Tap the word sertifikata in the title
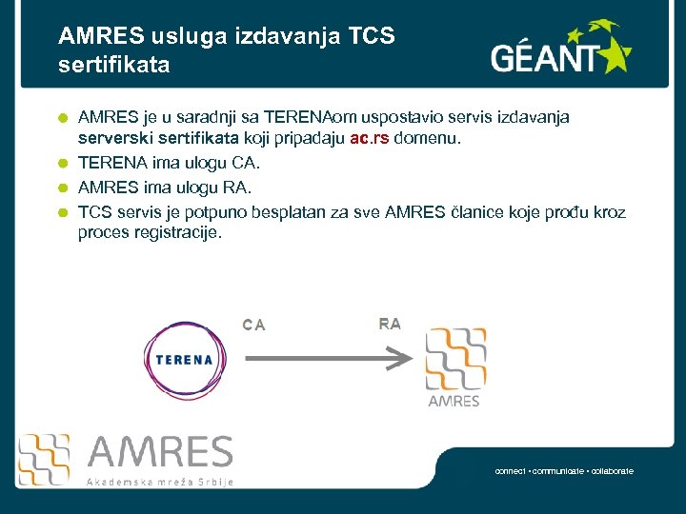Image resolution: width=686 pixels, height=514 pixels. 114,66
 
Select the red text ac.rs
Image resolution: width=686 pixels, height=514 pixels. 370,139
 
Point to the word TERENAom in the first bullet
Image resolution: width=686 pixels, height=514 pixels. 310,117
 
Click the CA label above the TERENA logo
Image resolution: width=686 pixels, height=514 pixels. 253,325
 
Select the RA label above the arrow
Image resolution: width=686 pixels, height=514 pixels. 390,324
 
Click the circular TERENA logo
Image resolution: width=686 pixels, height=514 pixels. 183,360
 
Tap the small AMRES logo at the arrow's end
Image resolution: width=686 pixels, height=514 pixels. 454,366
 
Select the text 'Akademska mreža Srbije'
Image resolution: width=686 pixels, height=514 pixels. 159,482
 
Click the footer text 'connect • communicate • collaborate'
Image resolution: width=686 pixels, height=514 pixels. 564,471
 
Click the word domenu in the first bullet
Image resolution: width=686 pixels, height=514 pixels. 427,139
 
